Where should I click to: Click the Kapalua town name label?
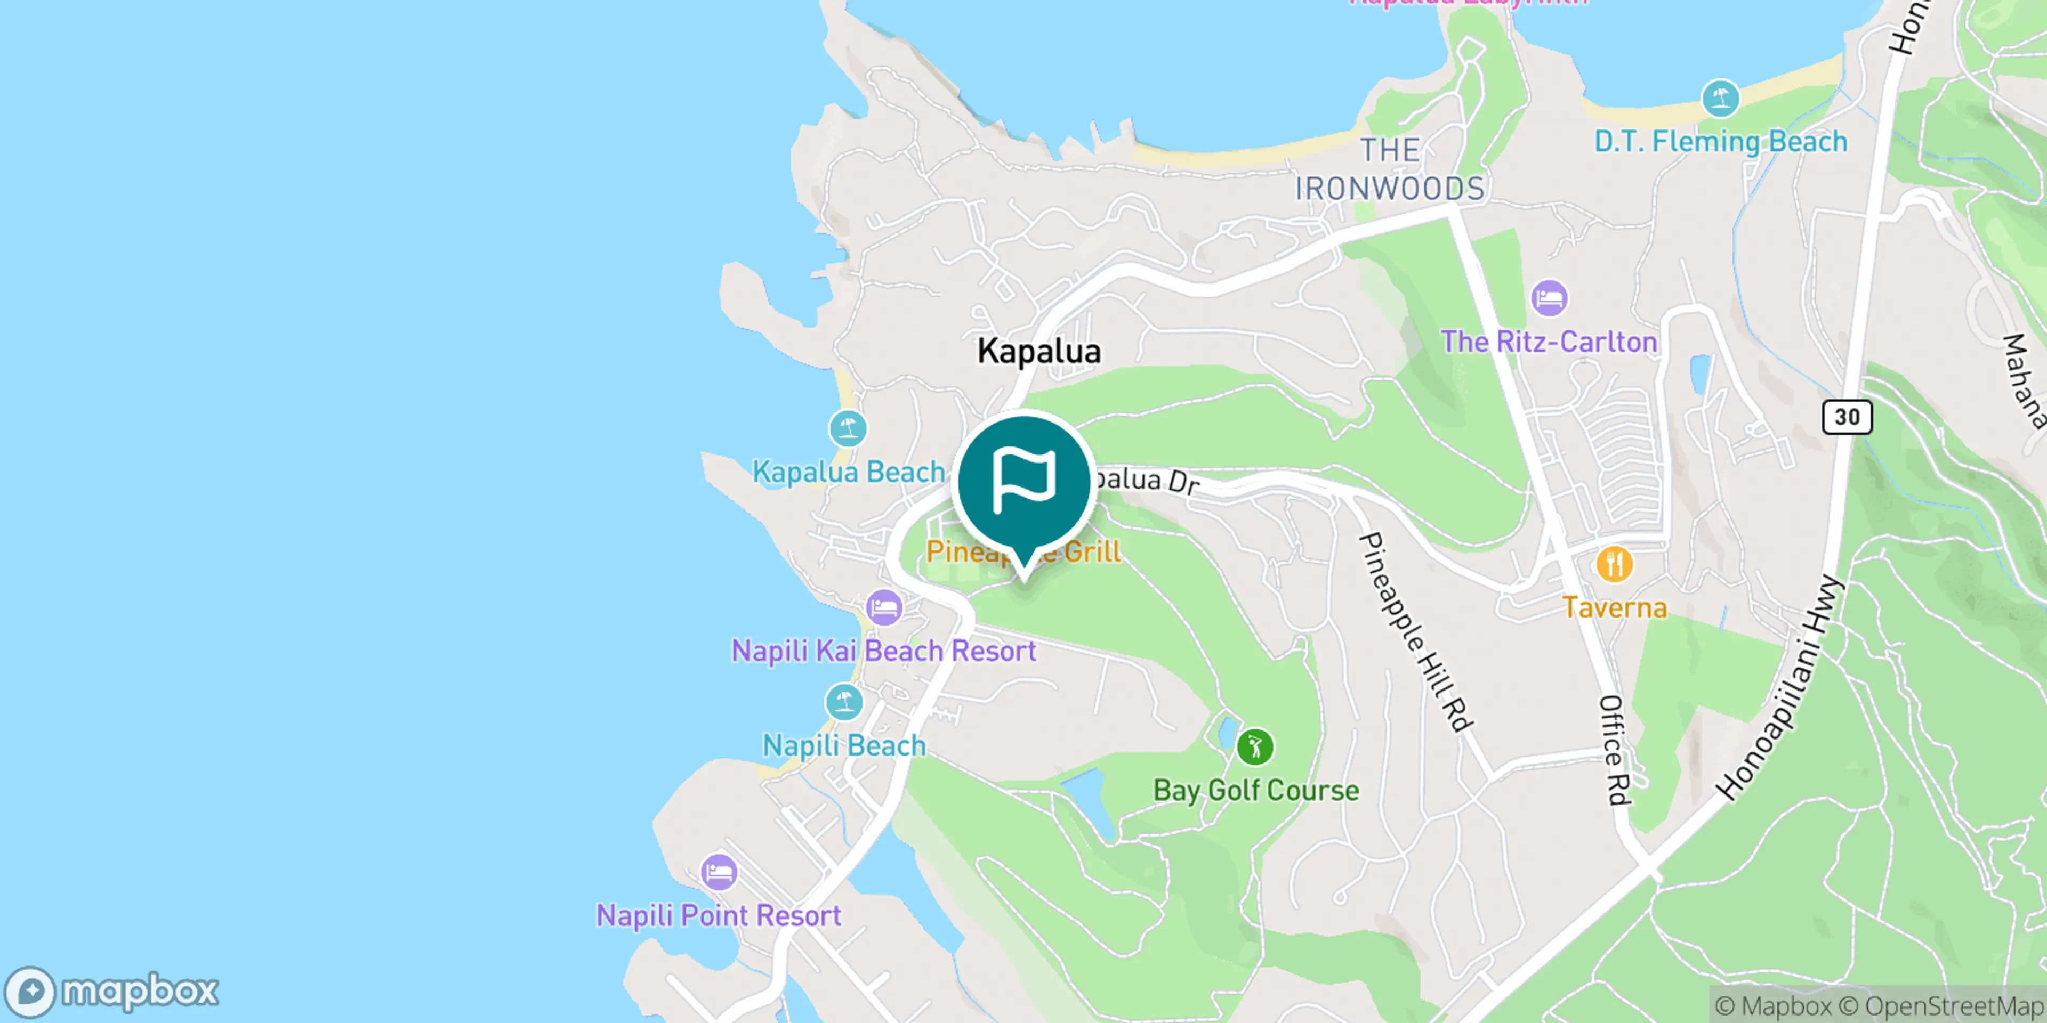click(1038, 351)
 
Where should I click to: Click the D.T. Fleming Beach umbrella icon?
click(1720, 99)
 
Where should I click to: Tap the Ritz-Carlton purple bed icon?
click(1549, 298)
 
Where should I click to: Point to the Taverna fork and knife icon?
click(1614, 565)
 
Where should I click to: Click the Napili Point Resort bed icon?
click(719, 873)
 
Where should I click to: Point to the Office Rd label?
click(1614, 750)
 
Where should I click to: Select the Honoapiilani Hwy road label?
click(1779, 688)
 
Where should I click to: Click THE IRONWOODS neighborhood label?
click(1389, 169)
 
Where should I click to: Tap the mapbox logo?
click(111, 990)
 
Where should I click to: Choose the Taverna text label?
click(1614, 607)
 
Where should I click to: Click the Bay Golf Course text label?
click(1255, 790)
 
